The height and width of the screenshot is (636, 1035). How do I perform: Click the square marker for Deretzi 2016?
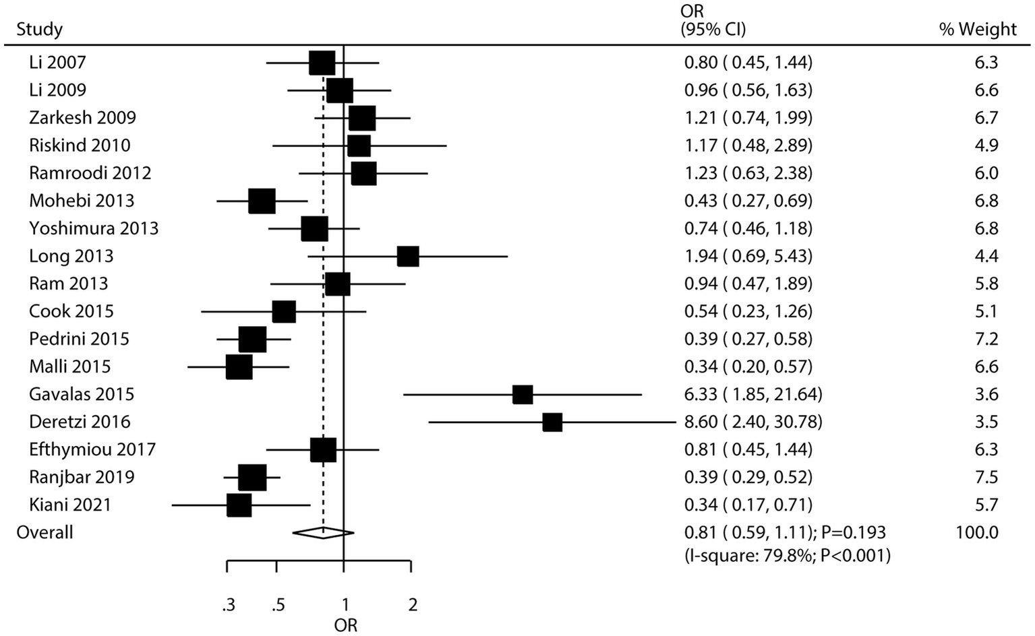click(552, 422)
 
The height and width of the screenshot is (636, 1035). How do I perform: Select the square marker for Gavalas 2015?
click(523, 395)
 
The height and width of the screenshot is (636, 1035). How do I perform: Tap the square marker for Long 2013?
click(408, 257)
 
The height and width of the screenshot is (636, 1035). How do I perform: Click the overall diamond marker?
click(323, 533)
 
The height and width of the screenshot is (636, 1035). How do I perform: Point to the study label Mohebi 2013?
click(82, 201)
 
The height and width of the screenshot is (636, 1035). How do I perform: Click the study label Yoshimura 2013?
click(94, 228)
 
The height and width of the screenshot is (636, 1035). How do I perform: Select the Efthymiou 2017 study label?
click(92, 449)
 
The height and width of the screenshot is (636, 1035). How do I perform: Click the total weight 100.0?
click(976, 532)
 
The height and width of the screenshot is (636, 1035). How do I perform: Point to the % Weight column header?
click(977, 30)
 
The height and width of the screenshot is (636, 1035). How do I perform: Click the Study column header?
click(39, 30)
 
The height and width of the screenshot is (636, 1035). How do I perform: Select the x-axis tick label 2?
click(413, 605)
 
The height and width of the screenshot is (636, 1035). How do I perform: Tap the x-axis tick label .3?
click(229, 605)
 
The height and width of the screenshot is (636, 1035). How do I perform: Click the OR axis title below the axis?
click(345, 625)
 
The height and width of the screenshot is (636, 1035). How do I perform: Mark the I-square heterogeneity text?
click(787, 556)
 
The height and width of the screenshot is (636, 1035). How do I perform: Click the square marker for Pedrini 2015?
click(252, 340)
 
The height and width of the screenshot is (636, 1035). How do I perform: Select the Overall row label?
click(45, 532)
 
